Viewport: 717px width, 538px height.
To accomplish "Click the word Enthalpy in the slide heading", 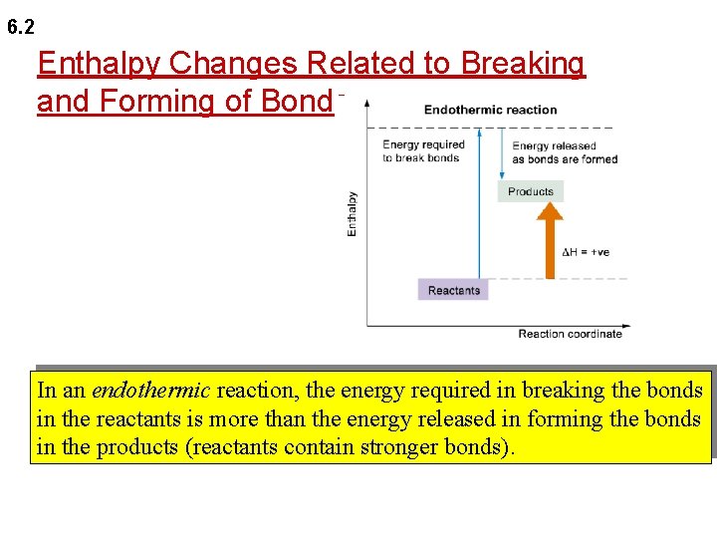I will (x=100, y=64).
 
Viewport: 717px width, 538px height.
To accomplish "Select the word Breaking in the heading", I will (x=525, y=64).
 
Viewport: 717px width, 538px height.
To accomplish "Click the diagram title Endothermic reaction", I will (x=490, y=110).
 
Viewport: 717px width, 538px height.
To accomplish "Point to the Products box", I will (x=530, y=191).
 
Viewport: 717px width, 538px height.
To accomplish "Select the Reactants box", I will (x=453, y=291).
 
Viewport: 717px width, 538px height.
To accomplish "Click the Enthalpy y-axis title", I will (x=352, y=213).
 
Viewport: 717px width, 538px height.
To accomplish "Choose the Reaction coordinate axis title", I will (x=570, y=334).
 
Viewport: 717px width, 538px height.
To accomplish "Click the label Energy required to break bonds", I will (x=423, y=151).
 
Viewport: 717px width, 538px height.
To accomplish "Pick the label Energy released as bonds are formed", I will (x=565, y=152).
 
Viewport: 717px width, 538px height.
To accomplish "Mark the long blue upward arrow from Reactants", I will (x=480, y=209).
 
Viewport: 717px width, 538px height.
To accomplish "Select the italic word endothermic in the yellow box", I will (x=150, y=391).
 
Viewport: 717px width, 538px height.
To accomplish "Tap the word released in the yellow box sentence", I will (x=466, y=418).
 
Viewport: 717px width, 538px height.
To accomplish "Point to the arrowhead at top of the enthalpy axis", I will (x=367, y=103).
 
